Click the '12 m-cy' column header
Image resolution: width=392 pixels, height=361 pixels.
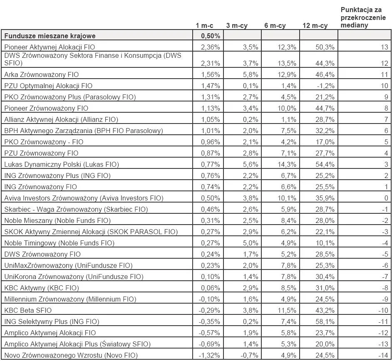point(315,26)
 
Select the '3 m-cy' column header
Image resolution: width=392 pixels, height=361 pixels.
point(237,26)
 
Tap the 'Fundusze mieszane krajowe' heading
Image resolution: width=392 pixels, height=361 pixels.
point(50,36)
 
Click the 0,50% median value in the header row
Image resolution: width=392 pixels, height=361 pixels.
point(210,36)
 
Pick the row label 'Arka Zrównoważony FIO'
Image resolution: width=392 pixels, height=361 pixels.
point(41,74)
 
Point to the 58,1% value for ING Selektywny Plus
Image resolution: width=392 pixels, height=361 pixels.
point(325,321)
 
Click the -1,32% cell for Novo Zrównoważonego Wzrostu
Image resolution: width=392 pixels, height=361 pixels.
point(210,355)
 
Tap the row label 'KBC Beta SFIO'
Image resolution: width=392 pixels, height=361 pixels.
point(28,310)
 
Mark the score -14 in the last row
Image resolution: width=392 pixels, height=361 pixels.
point(383,355)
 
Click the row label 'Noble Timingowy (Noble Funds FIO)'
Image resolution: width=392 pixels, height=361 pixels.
point(59,243)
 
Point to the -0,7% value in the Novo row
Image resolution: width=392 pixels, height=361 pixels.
point(250,355)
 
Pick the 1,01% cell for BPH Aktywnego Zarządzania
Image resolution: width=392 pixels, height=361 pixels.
point(211,131)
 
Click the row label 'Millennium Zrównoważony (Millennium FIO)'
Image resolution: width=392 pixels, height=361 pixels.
point(71,299)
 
